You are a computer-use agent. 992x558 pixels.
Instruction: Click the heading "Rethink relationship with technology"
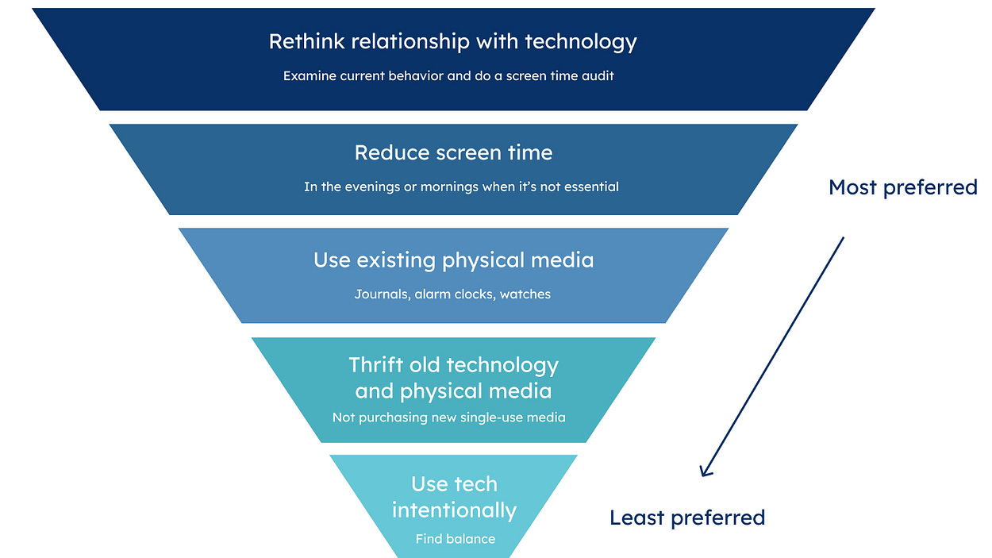click(x=453, y=41)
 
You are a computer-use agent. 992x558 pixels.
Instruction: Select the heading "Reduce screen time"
click(x=453, y=152)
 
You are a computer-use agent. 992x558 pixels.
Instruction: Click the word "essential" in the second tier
click(x=590, y=187)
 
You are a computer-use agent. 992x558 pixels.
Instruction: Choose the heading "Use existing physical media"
click(x=453, y=260)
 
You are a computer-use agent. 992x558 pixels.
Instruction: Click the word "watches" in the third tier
click(x=525, y=294)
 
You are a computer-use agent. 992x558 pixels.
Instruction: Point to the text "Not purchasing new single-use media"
click(x=449, y=418)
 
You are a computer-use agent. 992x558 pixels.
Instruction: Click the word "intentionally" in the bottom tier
click(x=454, y=510)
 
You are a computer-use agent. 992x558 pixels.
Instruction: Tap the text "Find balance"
click(x=455, y=539)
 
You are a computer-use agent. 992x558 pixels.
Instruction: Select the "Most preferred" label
click(x=902, y=187)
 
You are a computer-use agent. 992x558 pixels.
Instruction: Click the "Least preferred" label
click(x=687, y=518)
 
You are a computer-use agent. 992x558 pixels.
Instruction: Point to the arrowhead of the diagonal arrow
click(x=703, y=472)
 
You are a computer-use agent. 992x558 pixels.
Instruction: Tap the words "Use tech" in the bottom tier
click(x=454, y=483)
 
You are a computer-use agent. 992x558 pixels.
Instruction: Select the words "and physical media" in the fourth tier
click(x=453, y=391)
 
